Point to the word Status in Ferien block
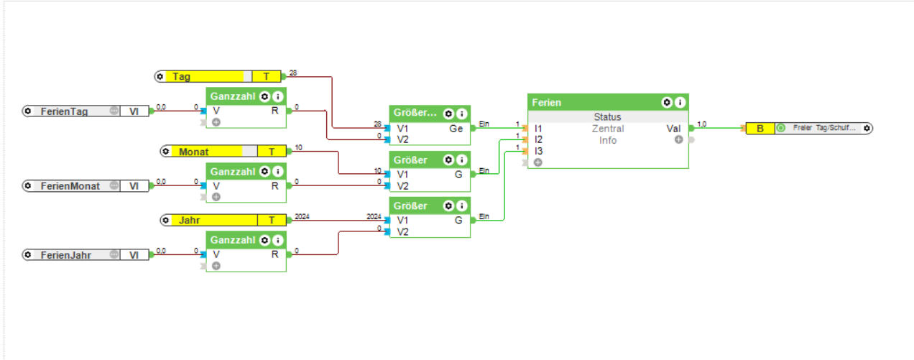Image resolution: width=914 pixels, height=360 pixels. tap(608, 117)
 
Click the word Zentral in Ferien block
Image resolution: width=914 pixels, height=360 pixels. tap(608, 129)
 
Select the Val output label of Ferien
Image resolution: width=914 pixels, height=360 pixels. tap(673, 129)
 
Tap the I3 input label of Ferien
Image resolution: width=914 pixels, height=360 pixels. tap(538, 152)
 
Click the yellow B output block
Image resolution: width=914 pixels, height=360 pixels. tap(760, 129)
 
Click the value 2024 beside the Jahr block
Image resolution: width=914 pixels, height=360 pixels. tap(302, 216)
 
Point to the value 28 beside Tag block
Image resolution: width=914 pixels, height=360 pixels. tap(292, 73)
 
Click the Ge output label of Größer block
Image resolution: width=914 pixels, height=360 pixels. tap(456, 129)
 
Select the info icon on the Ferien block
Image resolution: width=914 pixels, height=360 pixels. tap(680, 103)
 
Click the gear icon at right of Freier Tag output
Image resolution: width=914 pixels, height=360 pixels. tap(867, 129)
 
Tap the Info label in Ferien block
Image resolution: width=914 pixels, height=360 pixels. tap(608, 140)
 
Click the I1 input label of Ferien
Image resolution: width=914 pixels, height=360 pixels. tap(538, 129)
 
